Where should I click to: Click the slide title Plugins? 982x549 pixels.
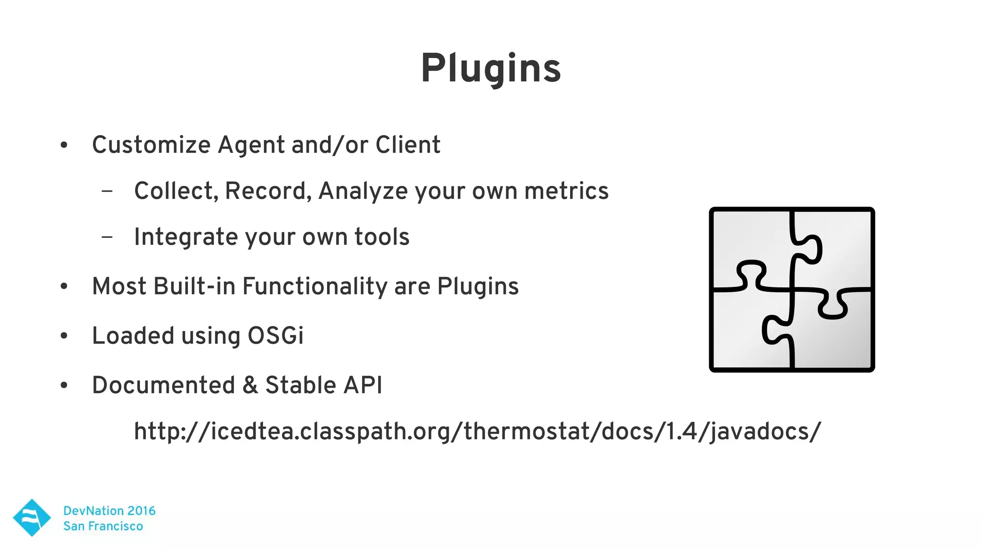click(x=491, y=69)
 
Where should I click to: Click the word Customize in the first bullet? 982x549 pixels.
click(x=151, y=145)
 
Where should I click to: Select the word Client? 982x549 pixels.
click(x=408, y=145)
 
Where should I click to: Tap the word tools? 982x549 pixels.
click(x=382, y=237)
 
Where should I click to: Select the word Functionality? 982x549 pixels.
click(x=315, y=286)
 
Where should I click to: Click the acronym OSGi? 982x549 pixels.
click(x=275, y=335)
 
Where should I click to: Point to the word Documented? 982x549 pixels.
click(x=163, y=385)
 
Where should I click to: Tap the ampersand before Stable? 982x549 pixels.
click(x=250, y=385)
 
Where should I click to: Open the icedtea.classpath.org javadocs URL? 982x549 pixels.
click(x=477, y=431)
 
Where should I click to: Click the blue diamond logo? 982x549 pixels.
click(x=32, y=517)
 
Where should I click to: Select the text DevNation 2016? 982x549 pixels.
click(x=109, y=511)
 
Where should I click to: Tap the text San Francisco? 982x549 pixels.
click(x=103, y=526)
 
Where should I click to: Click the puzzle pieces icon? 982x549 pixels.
click(x=792, y=289)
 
